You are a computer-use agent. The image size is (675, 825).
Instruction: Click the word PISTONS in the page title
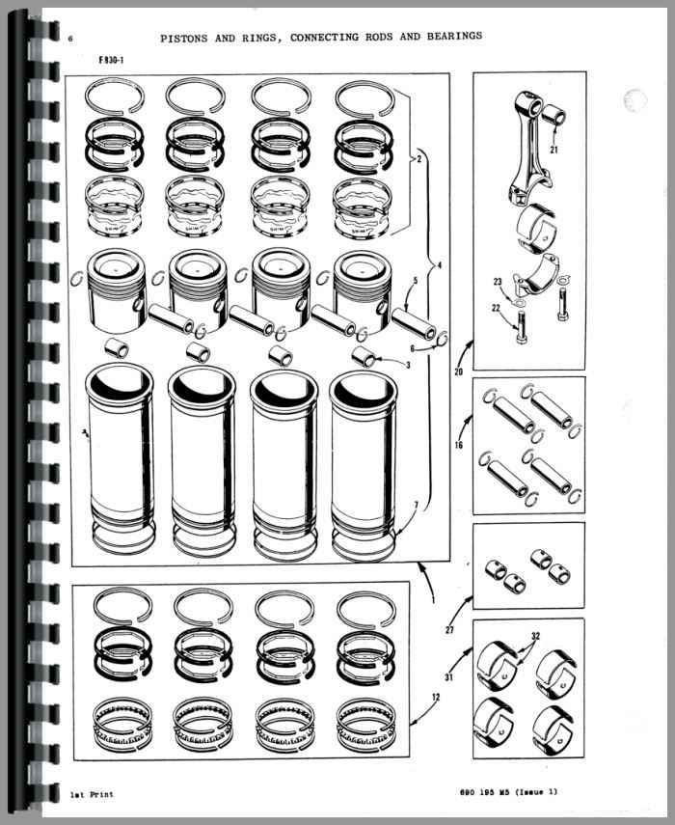pos(185,39)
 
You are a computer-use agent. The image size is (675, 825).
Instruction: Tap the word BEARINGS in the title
pos(455,36)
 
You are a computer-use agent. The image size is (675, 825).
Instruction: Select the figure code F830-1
pos(111,60)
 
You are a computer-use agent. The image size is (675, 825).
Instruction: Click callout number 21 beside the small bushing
pos(554,150)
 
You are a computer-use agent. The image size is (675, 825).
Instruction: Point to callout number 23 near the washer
pos(498,282)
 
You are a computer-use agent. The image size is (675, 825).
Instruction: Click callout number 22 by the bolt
pos(496,308)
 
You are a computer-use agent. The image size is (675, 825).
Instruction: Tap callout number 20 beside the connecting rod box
pos(458,372)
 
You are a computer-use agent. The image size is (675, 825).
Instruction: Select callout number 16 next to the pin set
pos(458,445)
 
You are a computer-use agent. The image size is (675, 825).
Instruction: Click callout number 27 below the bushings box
pos(449,629)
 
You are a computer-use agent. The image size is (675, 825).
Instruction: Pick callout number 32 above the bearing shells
pos(535,636)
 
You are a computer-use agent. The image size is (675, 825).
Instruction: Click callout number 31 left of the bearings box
pos(448,677)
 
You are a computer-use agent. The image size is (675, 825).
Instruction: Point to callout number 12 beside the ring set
pos(436,697)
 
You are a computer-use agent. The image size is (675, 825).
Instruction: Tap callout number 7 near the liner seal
pos(416,506)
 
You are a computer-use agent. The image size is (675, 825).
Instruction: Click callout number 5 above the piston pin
pos(416,281)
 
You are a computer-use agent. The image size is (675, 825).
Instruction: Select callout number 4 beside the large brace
pos(440,265)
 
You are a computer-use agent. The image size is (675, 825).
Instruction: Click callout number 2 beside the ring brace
pos(419,158)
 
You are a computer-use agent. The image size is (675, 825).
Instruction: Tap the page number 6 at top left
pos(70,39)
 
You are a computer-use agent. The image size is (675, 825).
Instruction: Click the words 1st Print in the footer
pos(92,794)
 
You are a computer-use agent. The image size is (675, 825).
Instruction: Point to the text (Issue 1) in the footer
pos(536,791)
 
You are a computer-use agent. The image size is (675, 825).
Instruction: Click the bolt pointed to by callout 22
pos(521,327)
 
